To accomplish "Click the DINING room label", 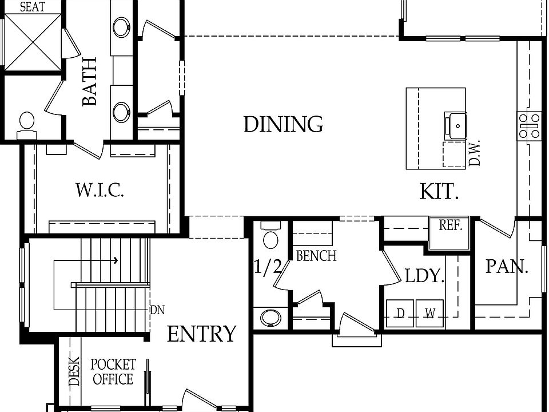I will pos(283,124).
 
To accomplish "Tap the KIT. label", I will pos(439,192).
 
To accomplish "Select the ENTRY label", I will pos(201,334).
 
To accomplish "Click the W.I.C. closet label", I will pos(100,190).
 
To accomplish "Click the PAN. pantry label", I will pos(507,266).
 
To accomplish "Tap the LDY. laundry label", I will pos(424,276).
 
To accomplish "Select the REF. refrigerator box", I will pos(449,225).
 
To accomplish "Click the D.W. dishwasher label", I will pos(475,153).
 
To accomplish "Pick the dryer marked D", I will pos(400,313).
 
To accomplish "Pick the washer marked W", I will pos(429,313).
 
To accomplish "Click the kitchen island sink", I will pos(457,125).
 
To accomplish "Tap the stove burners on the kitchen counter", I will pos(529,125).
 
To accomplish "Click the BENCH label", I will pos(316,256).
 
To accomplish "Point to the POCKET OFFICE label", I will pos(113,372).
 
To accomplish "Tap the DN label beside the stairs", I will pos(157,310).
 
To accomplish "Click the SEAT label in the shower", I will pos(33,7).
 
